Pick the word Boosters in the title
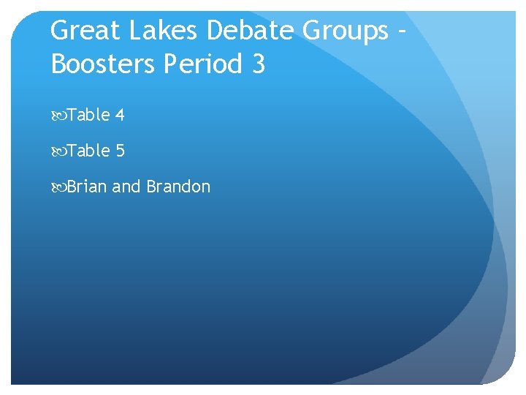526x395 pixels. pos(103,64)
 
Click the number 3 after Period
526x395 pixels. pos(258,64)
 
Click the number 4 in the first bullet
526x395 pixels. pos(120,115)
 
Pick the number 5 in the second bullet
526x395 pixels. pos(120,151)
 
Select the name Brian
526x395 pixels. pos(87,187)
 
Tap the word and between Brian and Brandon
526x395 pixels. pos(126,187)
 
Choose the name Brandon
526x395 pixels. pos(178,187)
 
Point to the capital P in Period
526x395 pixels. pos(170,64)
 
